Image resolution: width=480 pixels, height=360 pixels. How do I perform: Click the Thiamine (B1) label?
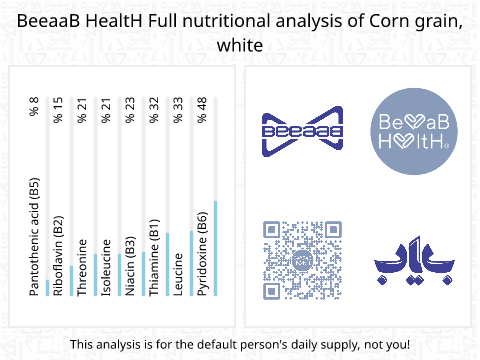[x=154, y=256]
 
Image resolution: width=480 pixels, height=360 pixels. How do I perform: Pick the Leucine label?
[x=178, y=273]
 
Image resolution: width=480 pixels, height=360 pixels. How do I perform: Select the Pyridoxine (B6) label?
[x=202, y=256]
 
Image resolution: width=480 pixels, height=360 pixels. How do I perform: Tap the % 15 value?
[x=58, y=110]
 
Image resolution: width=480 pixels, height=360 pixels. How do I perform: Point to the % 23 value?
[x=130, y=110]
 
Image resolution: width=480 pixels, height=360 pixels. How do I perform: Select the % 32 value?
[x=154, y=110]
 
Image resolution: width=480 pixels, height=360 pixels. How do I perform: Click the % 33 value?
[x=178, y=110]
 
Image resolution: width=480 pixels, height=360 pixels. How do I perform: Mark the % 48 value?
[x=202, y=110]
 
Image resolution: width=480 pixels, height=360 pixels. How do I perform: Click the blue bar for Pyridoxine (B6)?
[x=215, y=250]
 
